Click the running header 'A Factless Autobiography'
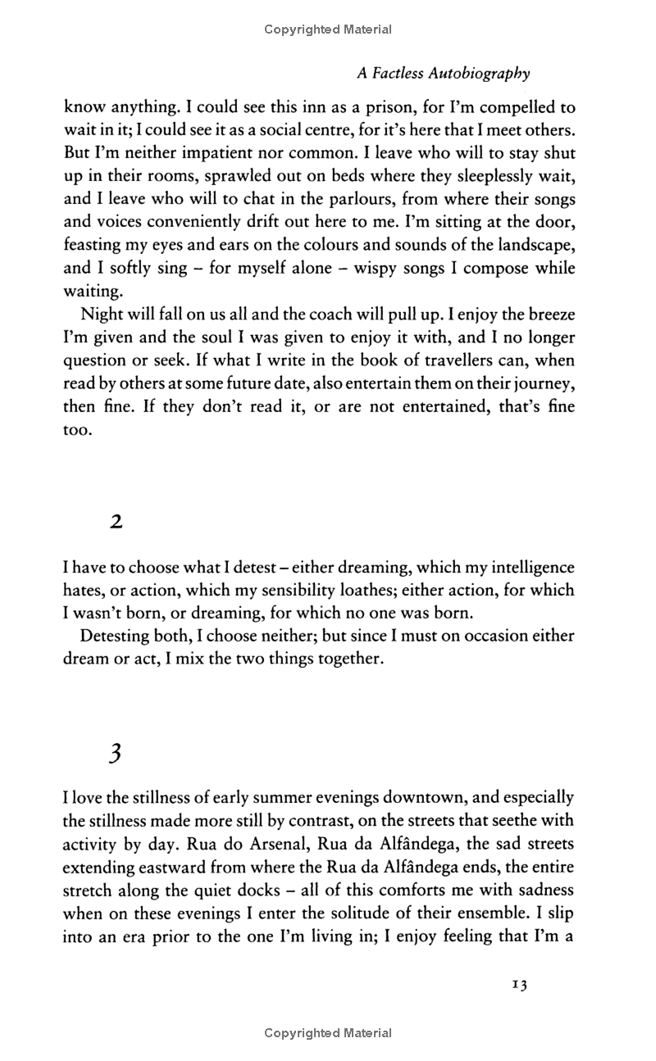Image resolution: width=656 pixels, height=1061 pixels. click(x=443, y=74)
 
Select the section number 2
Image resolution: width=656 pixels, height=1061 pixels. click(x=116, y=522)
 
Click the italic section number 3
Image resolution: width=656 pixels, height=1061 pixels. click(x=115, y=754)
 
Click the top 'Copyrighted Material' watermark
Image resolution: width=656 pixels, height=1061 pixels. click(x=328, y=29)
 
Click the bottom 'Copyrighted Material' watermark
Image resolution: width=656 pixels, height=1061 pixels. click(x=328, y=1033)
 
